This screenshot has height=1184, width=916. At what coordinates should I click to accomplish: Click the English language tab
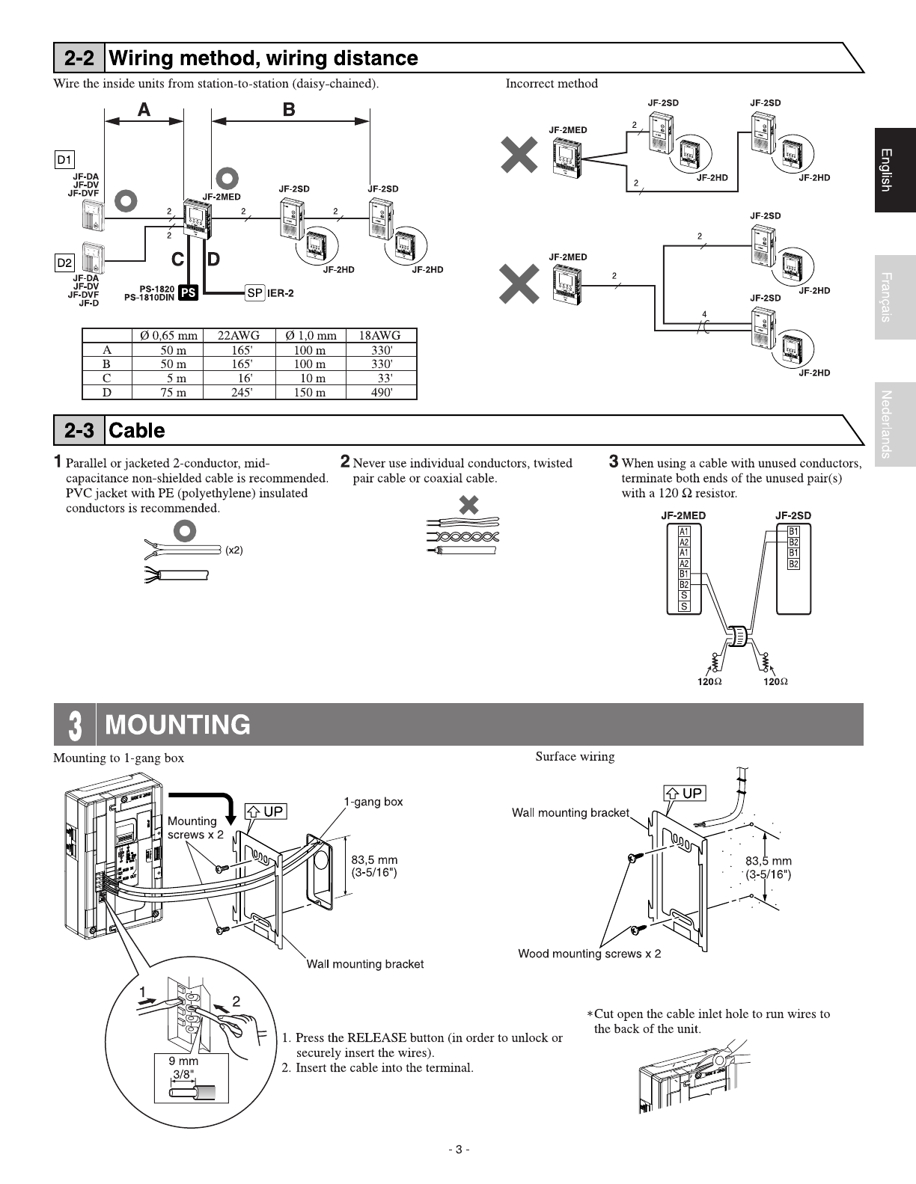tap(894, 171)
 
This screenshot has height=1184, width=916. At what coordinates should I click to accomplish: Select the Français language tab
tap(894, 297)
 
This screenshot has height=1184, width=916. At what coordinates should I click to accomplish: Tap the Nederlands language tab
tap(894, 423)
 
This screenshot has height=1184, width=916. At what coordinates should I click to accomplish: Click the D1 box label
tap(65, 159)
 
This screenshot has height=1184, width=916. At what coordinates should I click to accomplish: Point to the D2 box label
tap(65, 263)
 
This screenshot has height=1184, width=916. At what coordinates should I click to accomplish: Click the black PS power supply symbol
tap(188, 293)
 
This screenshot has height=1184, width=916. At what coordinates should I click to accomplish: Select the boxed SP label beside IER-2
tap(254, 292)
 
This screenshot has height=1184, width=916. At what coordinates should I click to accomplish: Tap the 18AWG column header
tap(381, 336)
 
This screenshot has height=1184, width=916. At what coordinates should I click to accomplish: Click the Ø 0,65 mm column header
tap(169, 336)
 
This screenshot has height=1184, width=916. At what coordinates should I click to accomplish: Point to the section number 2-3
tap(79, 431)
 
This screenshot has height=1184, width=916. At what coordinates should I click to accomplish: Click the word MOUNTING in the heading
tap(178, 725)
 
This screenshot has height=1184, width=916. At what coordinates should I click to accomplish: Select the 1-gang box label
tap(373, 802)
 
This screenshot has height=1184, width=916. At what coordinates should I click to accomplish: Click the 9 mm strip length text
tap(183, 1061)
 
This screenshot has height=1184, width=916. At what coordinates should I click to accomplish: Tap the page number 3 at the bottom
tap(459, 1150)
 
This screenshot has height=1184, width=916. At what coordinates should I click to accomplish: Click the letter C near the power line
tap(178, 260)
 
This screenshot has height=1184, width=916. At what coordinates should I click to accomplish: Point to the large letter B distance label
tap(289, 110)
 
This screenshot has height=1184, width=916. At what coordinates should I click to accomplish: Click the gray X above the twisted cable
tap(469, 506)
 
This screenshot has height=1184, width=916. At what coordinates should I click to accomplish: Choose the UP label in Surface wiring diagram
tap(684, 793)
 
